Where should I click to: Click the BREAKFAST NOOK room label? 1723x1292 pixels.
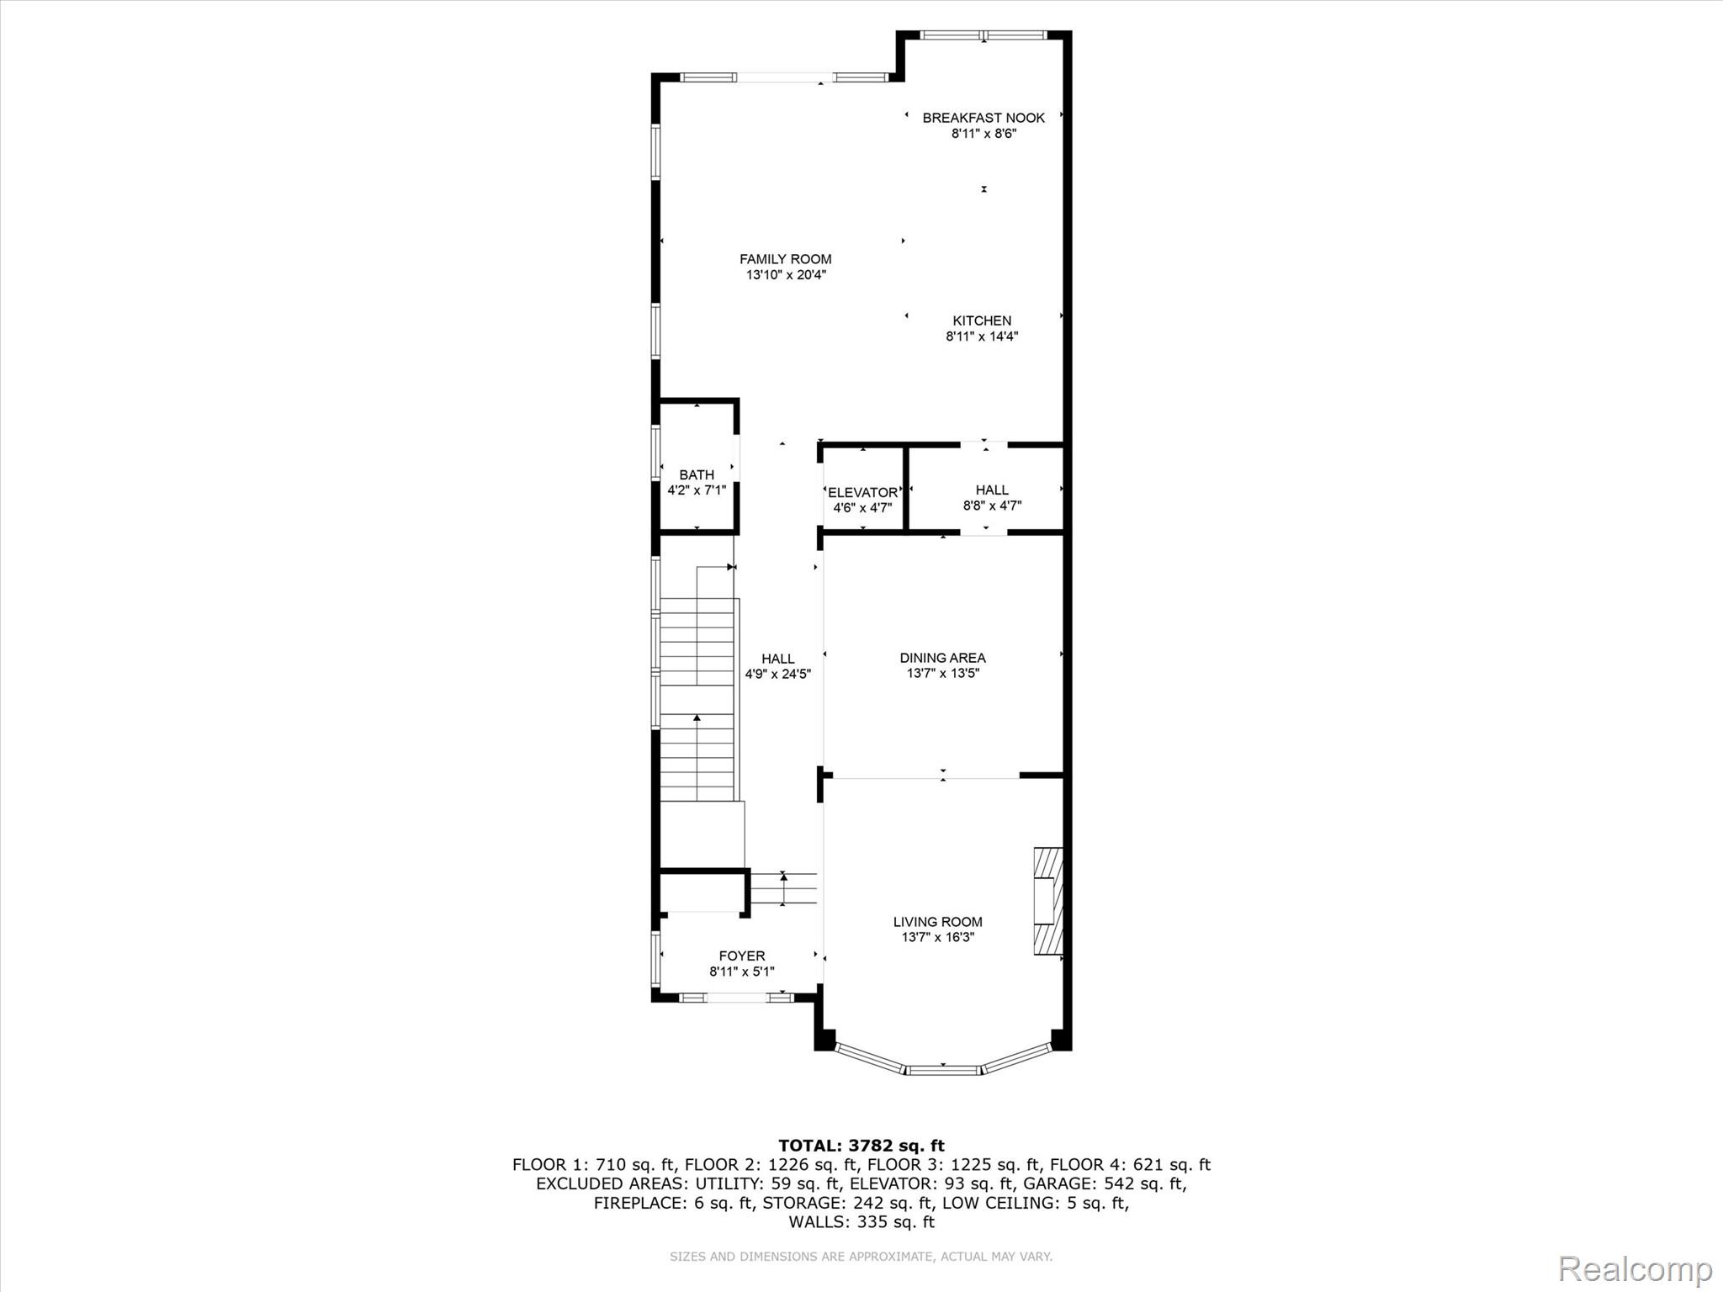coord(983,118)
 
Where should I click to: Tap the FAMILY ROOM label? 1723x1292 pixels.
coord(786,259)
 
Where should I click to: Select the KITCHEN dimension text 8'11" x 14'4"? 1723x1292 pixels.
coord(982,336)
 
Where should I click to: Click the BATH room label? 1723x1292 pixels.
coord(697,475)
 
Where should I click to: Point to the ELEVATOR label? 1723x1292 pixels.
coord(862,493)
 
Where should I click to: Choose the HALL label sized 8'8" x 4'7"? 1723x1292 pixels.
coord(992,490)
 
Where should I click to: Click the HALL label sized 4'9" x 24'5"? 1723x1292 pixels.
coord(778,659)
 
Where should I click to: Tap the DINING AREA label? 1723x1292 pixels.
coord(942,658)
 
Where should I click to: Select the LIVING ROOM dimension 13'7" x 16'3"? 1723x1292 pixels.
coord(938,937)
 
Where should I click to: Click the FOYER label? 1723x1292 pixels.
coord(742,956)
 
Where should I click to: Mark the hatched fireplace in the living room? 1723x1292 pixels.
coord(1048,901)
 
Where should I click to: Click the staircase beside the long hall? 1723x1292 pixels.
coord(697,698)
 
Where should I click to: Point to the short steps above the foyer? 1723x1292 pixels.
coord(782,888)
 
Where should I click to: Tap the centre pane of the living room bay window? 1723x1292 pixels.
coord(943,1070)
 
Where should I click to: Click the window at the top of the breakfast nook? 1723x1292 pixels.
coord(983,35)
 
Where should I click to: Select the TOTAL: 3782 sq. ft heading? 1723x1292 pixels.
coord(861,1146)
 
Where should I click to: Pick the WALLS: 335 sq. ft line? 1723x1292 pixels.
coord(861,1221)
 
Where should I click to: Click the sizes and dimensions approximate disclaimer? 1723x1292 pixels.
coord(861,1257)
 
